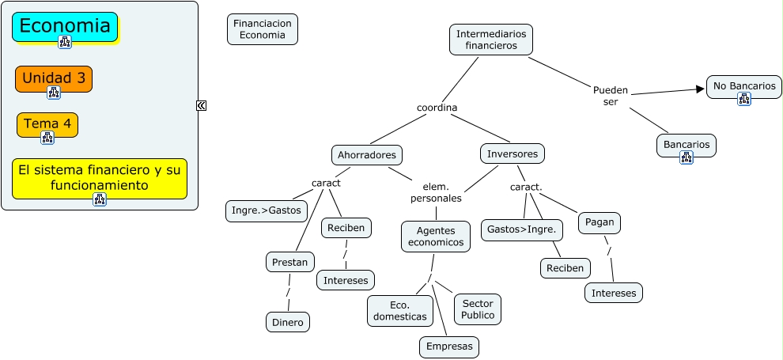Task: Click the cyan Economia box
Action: pos(65,26)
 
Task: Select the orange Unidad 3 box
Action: pos(54,78)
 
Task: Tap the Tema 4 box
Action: pos(47,123)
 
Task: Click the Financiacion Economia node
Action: pos(263,29)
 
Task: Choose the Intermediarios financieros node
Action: pos(491,40)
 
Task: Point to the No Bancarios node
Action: pos(743,86)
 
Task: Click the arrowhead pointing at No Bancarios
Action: pos(700,89)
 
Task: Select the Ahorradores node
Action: pos(367,154)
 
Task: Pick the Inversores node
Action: pos(513,153)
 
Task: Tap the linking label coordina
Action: pos(437,108)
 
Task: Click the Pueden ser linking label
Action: pos(611,96)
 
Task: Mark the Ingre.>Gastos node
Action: pos(266,211)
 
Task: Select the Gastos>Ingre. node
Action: pos(522,230)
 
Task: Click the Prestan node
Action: pos(290,262)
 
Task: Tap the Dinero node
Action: pos(287,322)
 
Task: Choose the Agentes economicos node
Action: pos(436,236)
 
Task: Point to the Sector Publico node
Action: pos(478,309)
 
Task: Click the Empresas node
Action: pos(449,347)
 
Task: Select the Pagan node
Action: pos(600,223)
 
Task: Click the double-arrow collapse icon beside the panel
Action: pos(202,105)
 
